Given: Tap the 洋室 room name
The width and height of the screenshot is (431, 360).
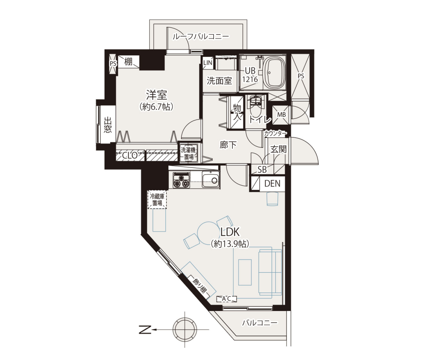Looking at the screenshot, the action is tap(157, 95).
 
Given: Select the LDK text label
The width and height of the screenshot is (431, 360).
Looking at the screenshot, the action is tap(230, 232).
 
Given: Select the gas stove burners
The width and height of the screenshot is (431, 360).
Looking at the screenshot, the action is tap(181, 180).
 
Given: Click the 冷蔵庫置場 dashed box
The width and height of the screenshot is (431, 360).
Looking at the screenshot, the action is tap(157, 200).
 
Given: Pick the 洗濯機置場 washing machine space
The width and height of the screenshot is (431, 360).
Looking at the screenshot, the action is tap(188, 153).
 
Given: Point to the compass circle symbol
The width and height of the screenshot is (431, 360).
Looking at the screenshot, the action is tap(185, 329).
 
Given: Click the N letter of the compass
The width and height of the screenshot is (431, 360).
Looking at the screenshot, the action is tap(145, 329).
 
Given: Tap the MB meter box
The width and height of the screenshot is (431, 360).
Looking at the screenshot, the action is tap(281, 115).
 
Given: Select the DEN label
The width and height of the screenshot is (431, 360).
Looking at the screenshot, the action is tap(272, 184).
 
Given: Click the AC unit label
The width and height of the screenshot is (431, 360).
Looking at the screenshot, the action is tap(226, 298).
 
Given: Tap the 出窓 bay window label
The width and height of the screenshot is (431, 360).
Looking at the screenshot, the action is tap(108, 125).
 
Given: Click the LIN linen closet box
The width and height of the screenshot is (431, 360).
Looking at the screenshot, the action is tap(208, 63).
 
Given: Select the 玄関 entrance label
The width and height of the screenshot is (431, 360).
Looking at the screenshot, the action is tap(279, 149).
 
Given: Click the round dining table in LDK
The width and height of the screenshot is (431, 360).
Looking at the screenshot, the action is tap(208, 233).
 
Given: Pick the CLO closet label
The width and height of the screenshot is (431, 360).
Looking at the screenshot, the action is tap(130, 155).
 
